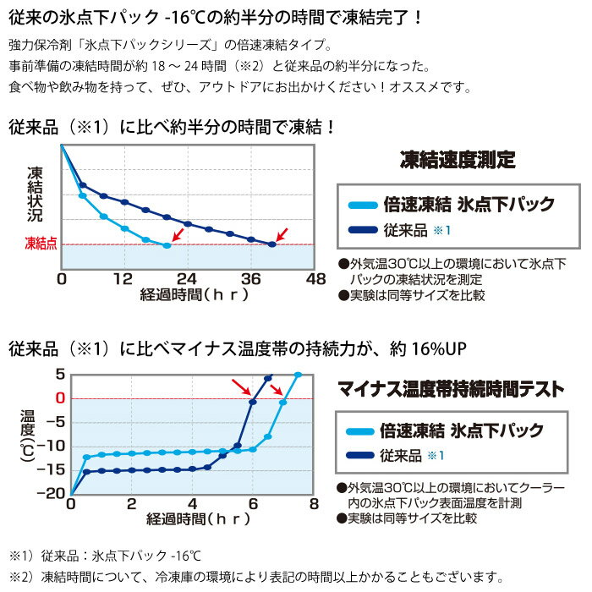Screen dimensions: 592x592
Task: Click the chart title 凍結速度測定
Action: (457, 159)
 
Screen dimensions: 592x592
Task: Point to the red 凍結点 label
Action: (41, 244)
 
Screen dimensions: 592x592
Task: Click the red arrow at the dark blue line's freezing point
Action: (283, 232)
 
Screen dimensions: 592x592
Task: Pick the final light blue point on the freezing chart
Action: (167, 245)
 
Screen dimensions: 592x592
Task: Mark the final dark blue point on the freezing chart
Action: (272, 244)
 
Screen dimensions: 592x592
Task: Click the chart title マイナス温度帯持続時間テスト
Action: (450, 390)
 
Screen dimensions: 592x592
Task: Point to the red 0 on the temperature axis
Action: (59, 397)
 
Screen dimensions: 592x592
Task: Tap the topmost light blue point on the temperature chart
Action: (298, 374)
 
